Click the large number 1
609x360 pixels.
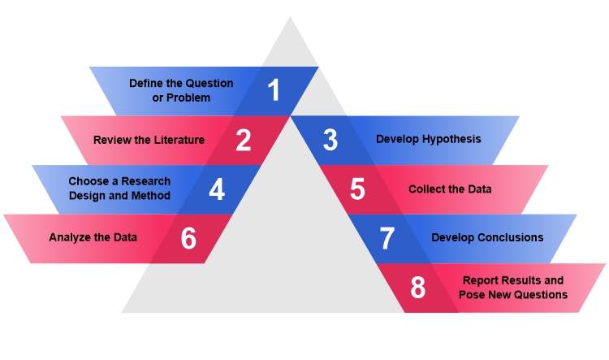pos(274,90)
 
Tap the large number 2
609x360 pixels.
pos(244,140)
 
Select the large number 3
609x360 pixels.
pos(330,140)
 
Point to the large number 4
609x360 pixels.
pos(216,189)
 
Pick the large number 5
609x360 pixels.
pos(358,189)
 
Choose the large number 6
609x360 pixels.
pos(188,238)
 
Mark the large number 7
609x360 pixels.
pos(387,238)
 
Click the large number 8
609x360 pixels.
pos(417,288)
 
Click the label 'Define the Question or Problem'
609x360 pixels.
pos(181,90)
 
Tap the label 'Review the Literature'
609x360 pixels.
pos(149,140)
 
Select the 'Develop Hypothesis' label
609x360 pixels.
pos(428,139)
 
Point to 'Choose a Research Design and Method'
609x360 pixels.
pos(119,189)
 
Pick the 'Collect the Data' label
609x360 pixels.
pos(450,189)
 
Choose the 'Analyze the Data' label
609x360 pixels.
pos(93,238)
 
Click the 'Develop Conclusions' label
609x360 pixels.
pos(487,238)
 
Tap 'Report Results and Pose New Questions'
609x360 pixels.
pos(512,288)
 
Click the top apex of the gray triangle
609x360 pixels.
pos(290,18)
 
